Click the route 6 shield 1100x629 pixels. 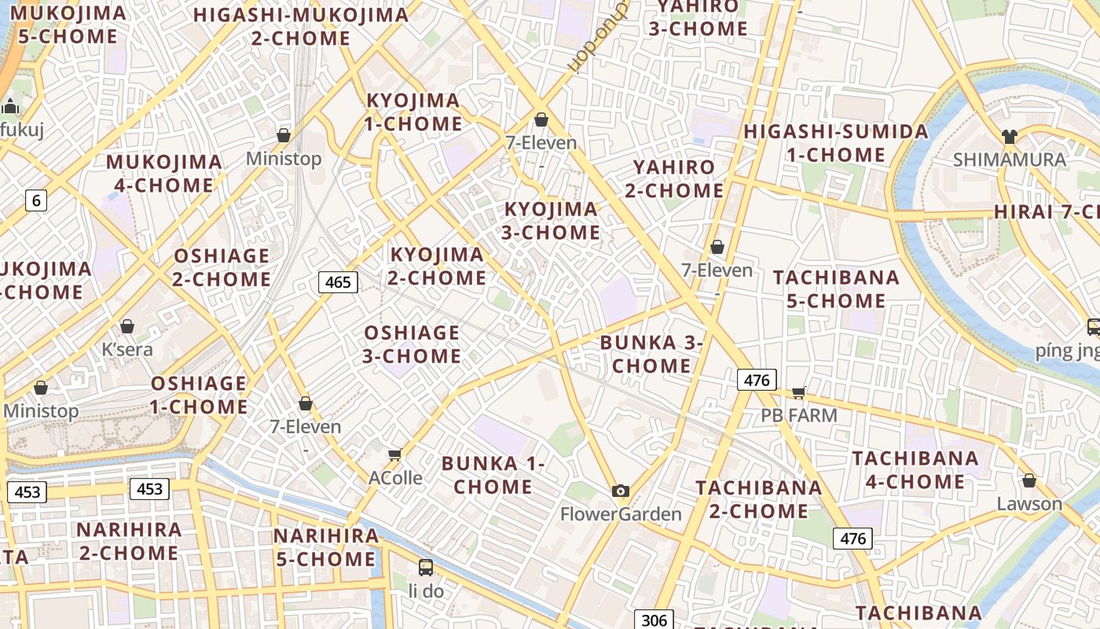pos(35,200)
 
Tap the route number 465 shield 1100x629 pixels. pos(338,281)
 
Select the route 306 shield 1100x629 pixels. pos(654,620)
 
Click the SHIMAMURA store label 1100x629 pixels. pos(1009,160)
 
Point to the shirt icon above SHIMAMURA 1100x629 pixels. pos(1010,136)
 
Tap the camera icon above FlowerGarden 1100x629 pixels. pos(621,491)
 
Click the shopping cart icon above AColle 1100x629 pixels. pos(395,454)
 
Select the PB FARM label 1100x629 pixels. pos(799,414)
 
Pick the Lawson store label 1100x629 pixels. pos(1029,503)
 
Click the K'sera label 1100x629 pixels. pos(127,349)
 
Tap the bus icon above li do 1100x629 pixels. pos(426,567)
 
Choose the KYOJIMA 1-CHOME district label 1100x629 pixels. pos(413,112)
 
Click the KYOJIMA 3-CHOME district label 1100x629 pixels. pos(552,220)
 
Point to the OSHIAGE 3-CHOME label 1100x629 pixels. pos(412,344)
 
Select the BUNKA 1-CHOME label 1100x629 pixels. pos(493,475)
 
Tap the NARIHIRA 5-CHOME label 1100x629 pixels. pos(325,547)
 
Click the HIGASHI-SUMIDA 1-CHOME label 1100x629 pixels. pos(836,142)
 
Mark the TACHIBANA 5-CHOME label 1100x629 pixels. pos(836,289)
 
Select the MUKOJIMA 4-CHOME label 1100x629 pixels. pos(164,174)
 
